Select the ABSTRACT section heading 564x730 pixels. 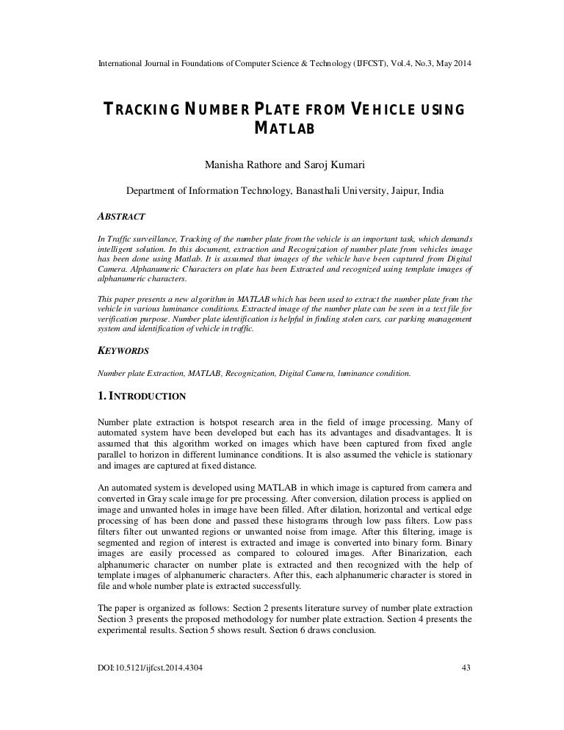click(x=121, y=217)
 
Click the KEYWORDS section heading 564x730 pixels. click(x=123, y=351)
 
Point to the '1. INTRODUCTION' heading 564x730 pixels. click(x=142, y=397)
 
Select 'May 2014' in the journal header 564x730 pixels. click(x=449, y=64)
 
